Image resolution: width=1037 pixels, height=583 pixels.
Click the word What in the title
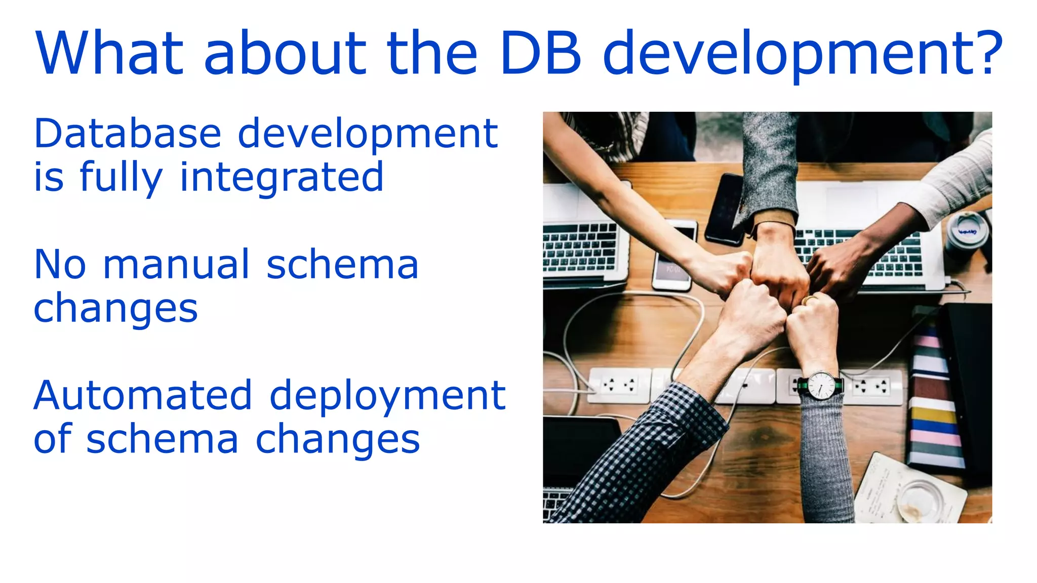(x=109, y=53)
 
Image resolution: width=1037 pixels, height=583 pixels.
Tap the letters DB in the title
(x=541, y=53)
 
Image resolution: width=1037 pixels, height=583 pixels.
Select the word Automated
(x=143, y=395)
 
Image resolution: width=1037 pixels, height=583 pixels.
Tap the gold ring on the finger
(x=811, y=299)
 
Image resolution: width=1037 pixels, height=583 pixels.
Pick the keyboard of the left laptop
(x=579, y=248)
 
